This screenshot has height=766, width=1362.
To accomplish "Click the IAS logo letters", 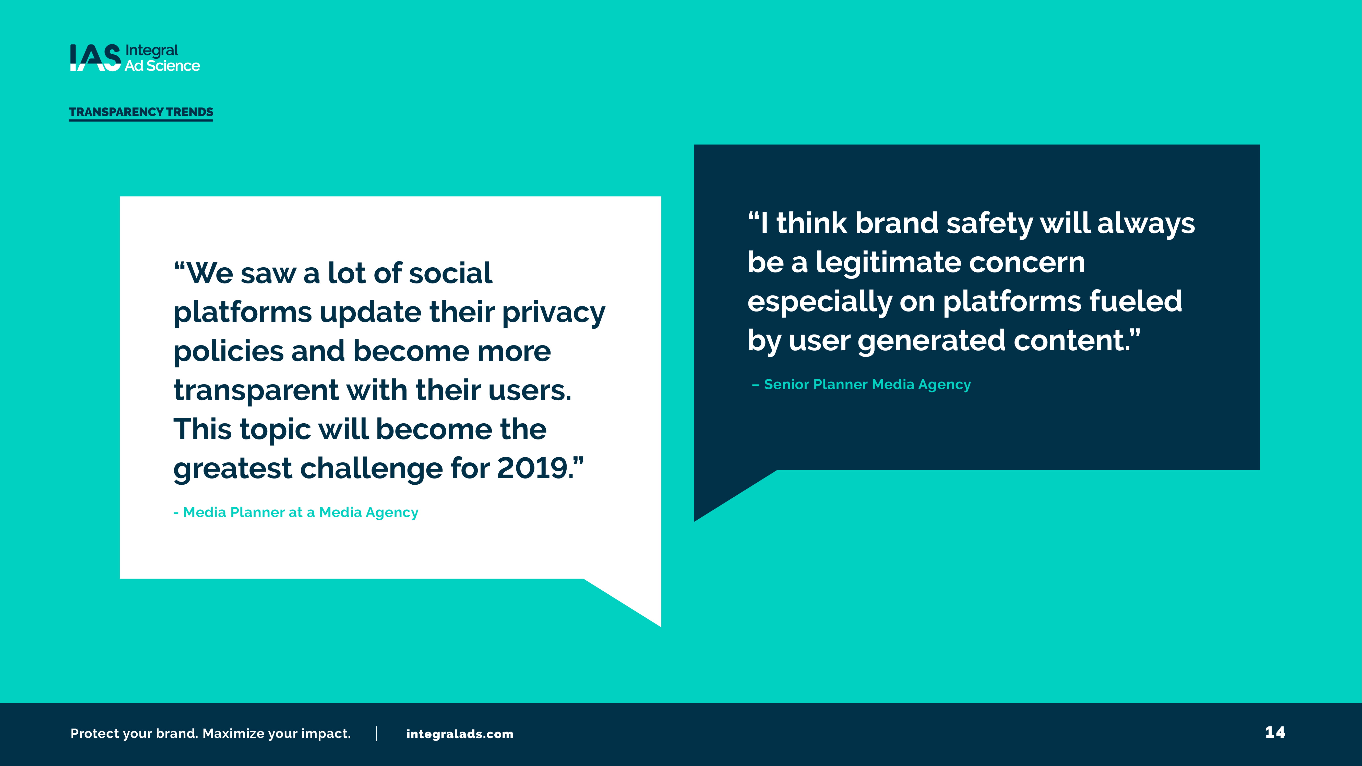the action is (95, 58).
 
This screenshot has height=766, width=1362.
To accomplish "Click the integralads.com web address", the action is (459, 734).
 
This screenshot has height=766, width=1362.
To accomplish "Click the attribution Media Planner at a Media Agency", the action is (296, 512).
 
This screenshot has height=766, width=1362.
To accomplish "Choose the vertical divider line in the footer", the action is (376, 733).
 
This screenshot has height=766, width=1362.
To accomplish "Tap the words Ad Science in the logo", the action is (162, 66).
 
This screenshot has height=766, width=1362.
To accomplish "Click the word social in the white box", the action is (450, 273).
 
